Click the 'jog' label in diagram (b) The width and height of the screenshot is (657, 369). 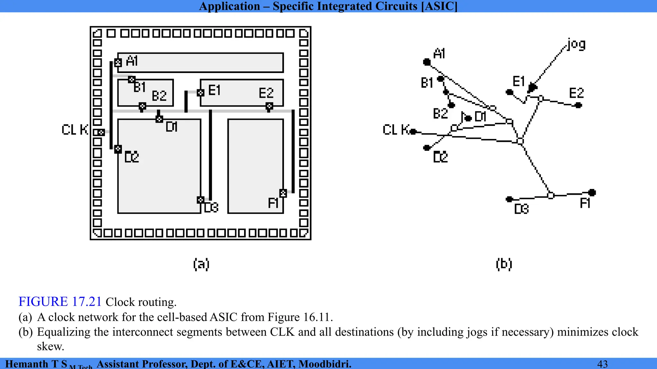[x=576, y=44]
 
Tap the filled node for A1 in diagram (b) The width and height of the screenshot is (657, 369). [x=427, y=62]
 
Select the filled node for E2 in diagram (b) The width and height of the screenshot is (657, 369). [x=578, y=105]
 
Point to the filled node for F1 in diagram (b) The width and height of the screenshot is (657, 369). [x=592, y=193]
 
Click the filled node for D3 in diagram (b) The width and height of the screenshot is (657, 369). [x=509, y=199]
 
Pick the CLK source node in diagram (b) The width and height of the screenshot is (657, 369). [x=413, y=131]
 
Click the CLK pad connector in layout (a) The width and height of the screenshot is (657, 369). [x=101, y=132]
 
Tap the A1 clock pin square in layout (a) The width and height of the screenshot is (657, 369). [x=118, y=62]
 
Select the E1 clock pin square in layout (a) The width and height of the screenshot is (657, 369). [x=201, y=93]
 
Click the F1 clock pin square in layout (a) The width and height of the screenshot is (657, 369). [x=283, y=193]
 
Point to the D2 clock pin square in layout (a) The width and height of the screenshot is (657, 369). [x=118, y=149]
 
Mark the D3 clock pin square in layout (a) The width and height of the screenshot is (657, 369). [x=201, y=200]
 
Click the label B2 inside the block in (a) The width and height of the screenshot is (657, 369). [x=159, y=96]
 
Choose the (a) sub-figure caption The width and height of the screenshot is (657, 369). [x=201, y=264]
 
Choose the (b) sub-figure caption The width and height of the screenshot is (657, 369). [x=504, y=264]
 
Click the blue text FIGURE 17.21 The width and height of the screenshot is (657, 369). [x=60, y=302]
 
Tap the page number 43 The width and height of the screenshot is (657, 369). [x=602, y=364]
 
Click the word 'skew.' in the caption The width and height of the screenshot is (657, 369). [x=51, y=347]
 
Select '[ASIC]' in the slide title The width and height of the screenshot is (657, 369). [x=439, y=6]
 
